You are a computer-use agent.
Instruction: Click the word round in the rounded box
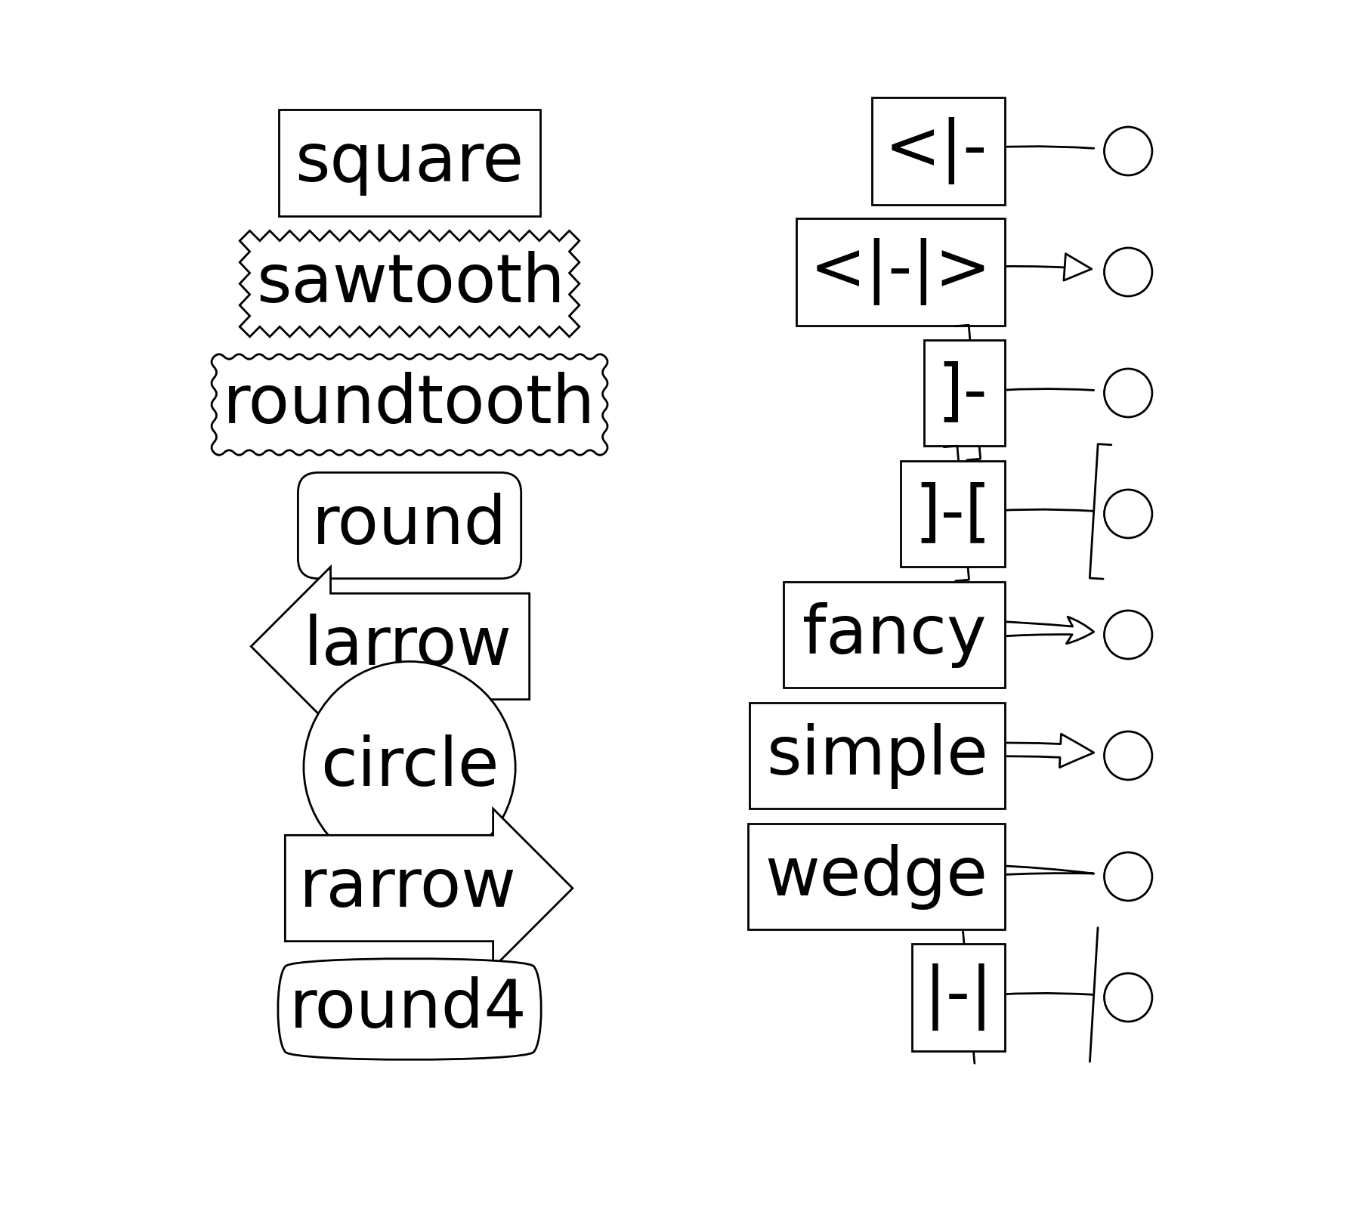[x=409, y=524]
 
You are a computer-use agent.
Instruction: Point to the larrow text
[x=407, y=644]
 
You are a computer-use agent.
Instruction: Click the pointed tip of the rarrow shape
[x=570, y=888]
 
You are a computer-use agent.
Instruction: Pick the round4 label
[x=407, y=1007]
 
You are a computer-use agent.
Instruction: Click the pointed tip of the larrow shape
[x=253, y=646]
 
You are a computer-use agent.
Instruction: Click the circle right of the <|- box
[x=1127, y=151]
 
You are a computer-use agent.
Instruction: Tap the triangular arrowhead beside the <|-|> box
[x=1077, y=267]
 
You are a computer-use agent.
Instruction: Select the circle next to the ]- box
[x=1127, y=393]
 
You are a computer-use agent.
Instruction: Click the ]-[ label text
[x=953, y=514]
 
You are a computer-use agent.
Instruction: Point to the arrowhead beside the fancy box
[x=1080, y=630]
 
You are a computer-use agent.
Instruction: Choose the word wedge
[x=876, y=875]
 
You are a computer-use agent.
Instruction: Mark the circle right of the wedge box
[x=1127, y=877]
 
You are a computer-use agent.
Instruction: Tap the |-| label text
[x=958, y=997]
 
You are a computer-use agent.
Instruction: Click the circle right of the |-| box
[x=1127, y=997]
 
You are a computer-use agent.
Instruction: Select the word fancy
[x=894, y=633]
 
